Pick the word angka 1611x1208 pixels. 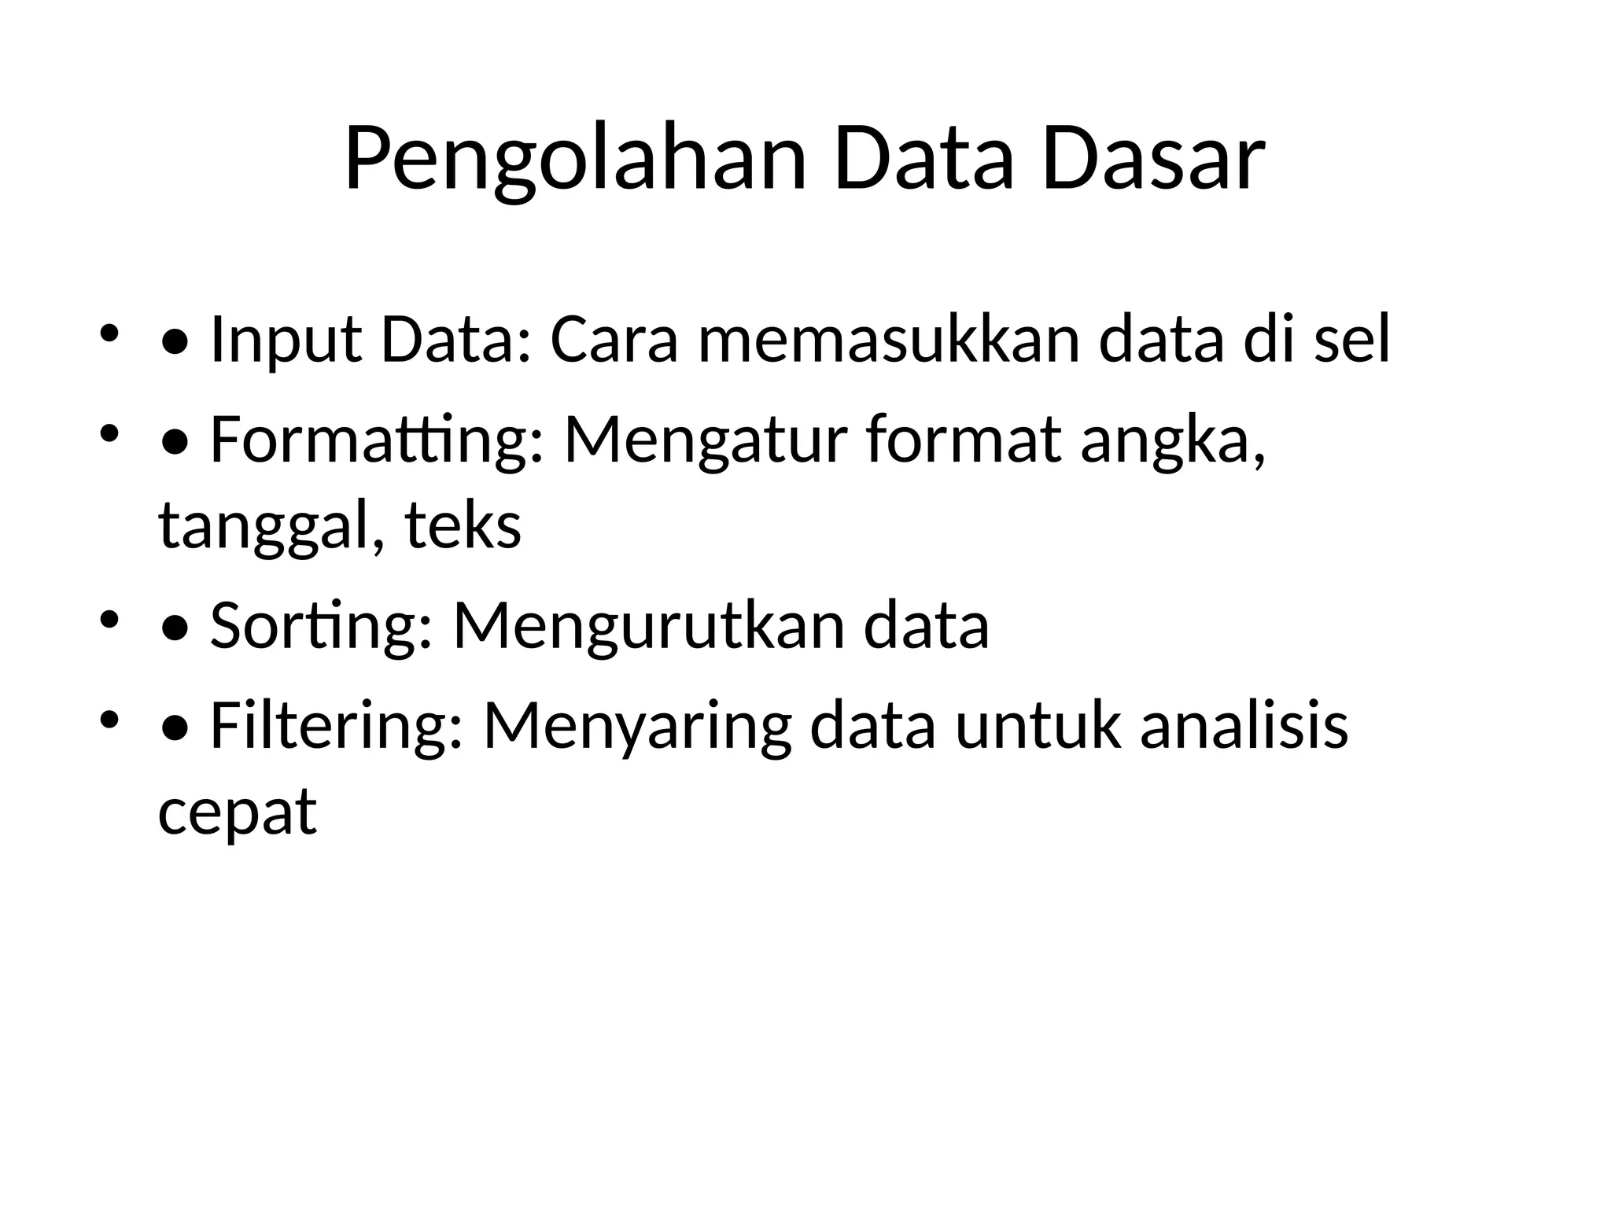click(x=1173, y=443)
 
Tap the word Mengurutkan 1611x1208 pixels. click(x=648, y=626)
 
